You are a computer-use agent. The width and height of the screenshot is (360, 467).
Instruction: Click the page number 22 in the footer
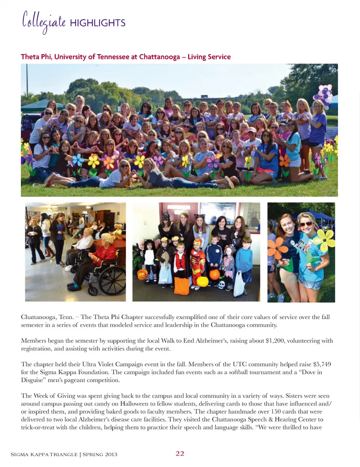(x=180, y=453)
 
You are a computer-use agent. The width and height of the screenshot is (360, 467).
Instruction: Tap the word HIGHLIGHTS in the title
(x=97, y=23)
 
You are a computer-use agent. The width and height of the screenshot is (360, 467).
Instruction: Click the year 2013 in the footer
(x=111, y=454)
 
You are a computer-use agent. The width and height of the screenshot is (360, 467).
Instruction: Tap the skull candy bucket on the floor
(x=222, y=285)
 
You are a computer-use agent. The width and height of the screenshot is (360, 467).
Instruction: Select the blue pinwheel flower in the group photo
(x=78, y=160)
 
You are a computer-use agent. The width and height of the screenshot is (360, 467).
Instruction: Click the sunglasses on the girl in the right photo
(x=306, y=224)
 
